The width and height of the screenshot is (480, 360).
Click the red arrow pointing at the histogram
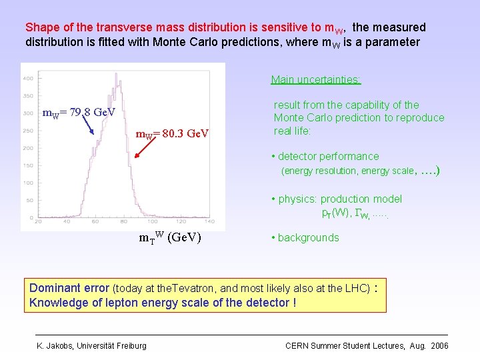(x=147, y=149)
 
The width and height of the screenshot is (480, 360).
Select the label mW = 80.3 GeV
(x=172, y=134)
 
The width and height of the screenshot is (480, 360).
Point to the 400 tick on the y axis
(x=29, y=78)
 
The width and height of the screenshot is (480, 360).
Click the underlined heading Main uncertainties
(x=315, y=80)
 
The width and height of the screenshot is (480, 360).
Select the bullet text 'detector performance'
(x=328, y=157)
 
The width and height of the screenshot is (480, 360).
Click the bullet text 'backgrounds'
(x=308, y=238)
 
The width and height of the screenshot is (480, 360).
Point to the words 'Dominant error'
(x=69, y=289)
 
